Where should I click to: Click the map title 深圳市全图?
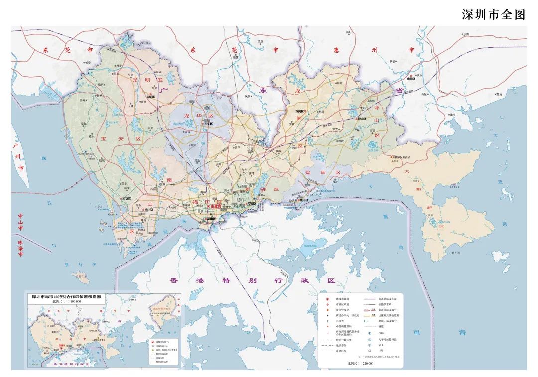494,14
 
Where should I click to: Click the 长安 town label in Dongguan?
88,63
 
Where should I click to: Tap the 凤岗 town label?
248,96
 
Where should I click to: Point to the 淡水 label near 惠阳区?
419,76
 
